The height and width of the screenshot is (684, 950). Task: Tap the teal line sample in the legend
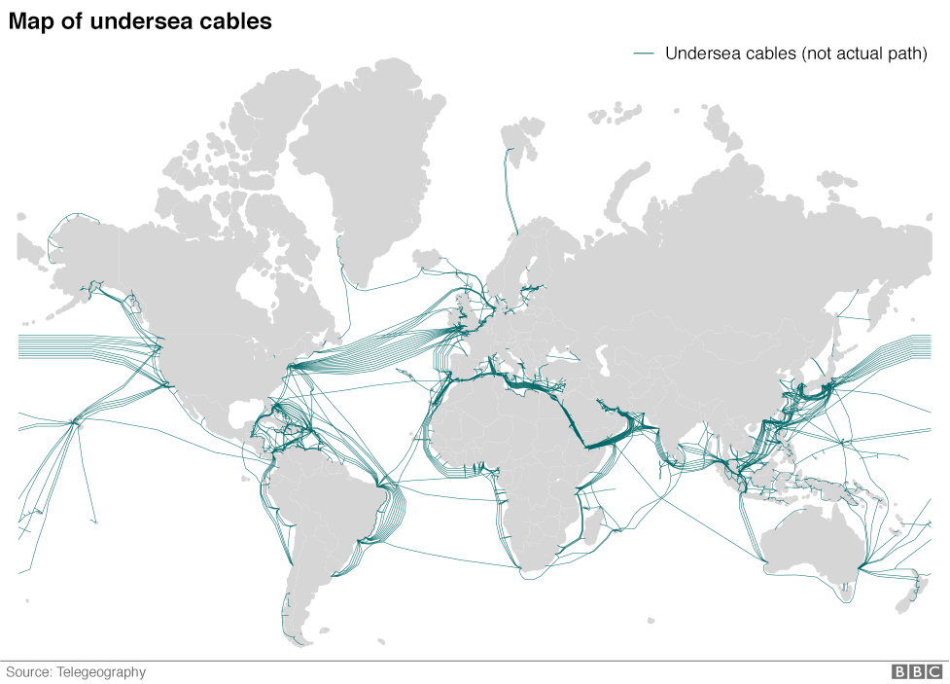pyautogui.click(x=644, y=54)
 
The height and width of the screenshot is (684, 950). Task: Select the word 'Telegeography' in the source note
pyautogui.click(x=101, y=671)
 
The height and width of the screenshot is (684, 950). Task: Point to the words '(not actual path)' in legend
pyautogui.click(x=863, y=54)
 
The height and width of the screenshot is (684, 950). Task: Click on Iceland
pyautogui.click(x=429, y=257)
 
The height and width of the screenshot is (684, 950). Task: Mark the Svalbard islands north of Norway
pyautogui.click(x=520, y=136)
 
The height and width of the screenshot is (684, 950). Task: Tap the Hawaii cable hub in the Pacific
pyautogui.click(x=74, y=422)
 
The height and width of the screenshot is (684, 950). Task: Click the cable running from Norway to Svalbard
pyautogui.click(x=508, y=190)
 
